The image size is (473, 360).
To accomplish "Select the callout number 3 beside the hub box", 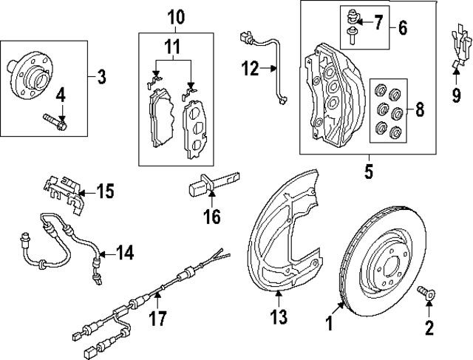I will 103,75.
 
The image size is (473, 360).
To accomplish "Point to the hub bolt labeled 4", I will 55,120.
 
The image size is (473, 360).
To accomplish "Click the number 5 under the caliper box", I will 368,172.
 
